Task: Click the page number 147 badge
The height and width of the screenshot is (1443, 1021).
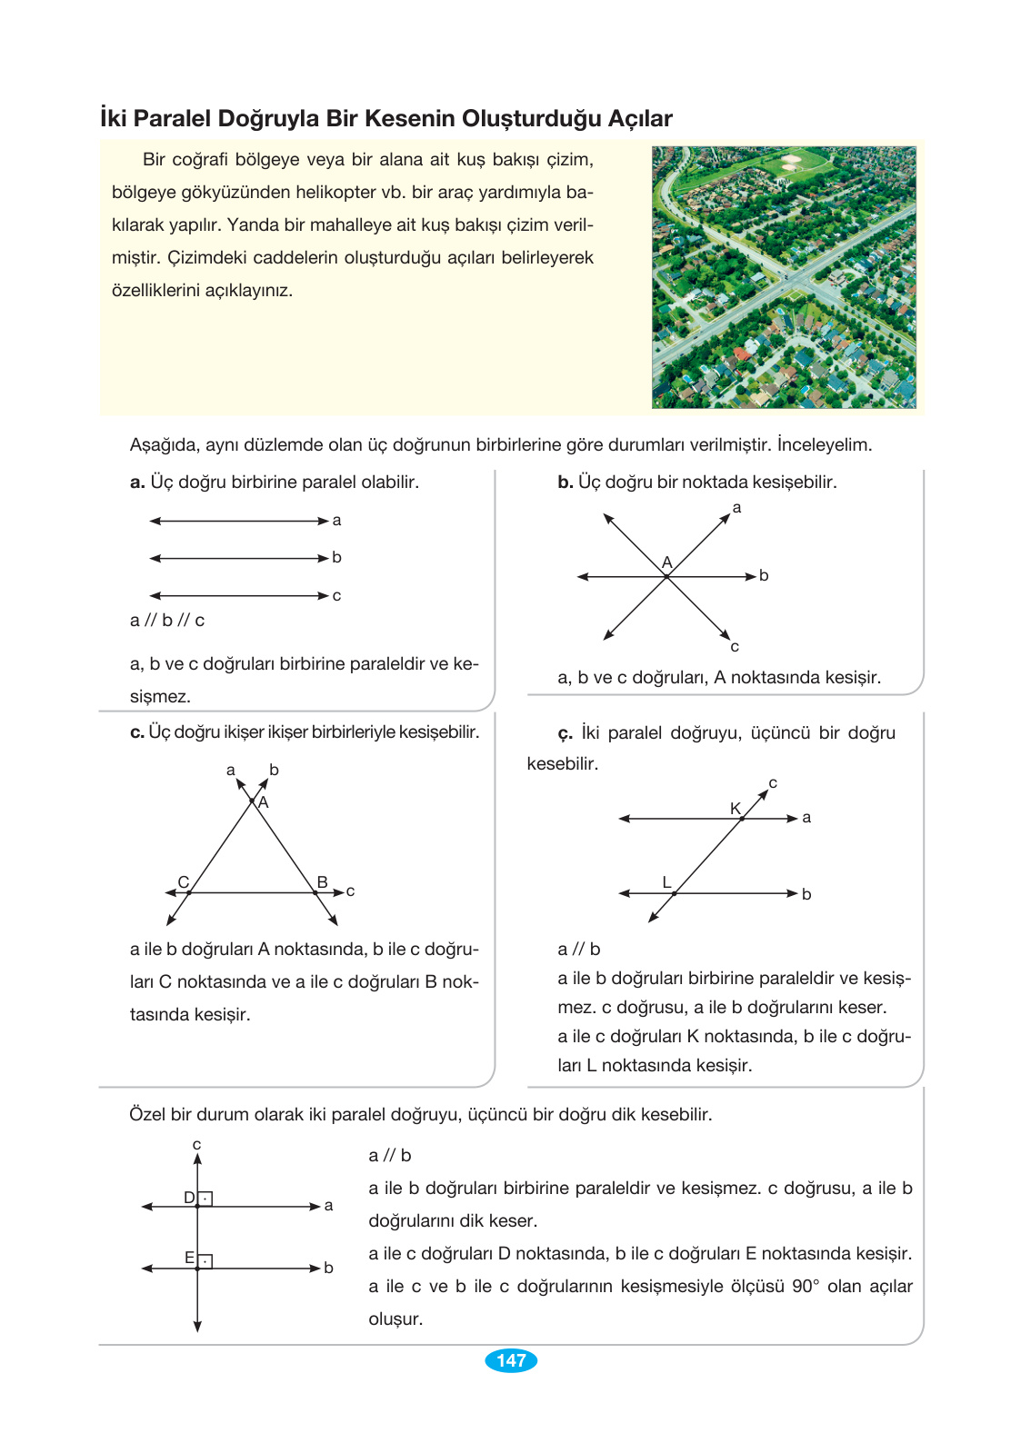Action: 511,1360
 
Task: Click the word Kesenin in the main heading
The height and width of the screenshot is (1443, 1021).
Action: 411,119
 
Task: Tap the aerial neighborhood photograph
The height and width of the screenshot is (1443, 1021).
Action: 784,277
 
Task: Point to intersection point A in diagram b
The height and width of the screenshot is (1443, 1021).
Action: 667,575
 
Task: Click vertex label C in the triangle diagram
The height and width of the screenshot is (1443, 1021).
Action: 184,882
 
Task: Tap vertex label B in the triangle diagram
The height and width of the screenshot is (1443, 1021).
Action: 322,882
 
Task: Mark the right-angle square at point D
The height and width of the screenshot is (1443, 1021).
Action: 205,1199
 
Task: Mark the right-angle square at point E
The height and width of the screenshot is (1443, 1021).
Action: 205,1260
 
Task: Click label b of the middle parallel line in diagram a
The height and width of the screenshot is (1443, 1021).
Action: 336,557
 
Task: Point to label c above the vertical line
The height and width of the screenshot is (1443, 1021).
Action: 196,1145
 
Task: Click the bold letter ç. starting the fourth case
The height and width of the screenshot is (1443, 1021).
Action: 565,733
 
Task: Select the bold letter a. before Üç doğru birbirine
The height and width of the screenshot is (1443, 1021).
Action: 137,483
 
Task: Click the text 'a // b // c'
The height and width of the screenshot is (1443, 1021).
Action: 167,621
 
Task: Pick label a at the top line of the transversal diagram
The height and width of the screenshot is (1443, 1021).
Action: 806,818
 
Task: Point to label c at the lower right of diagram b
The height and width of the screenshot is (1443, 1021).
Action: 735,647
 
